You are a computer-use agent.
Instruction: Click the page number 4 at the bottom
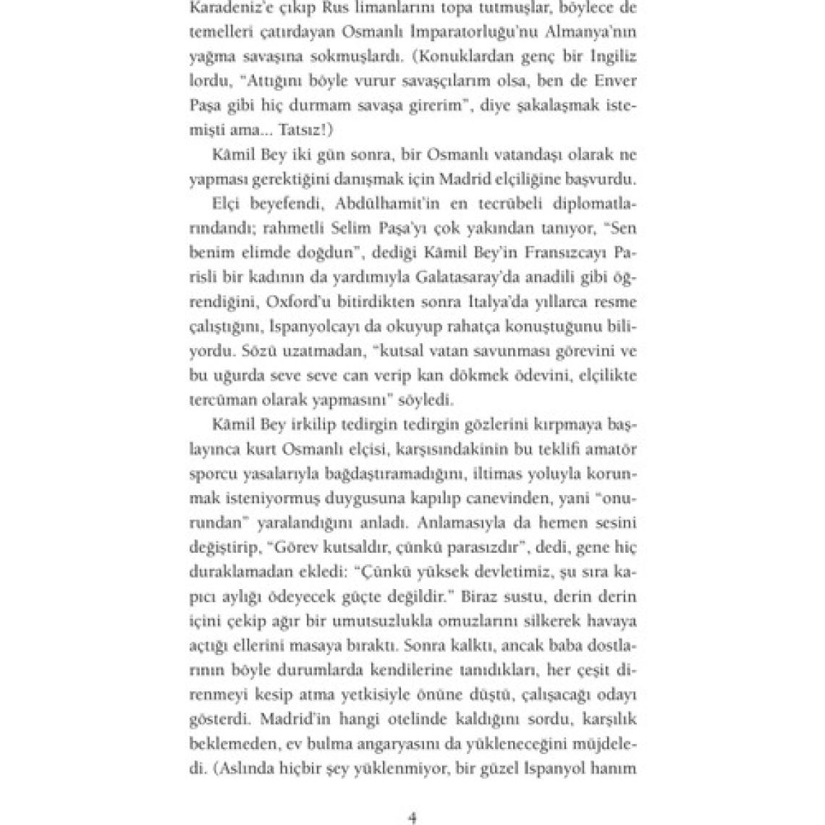pyautogui.click(x=412, y=817)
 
